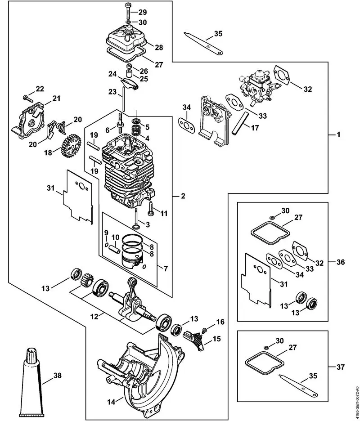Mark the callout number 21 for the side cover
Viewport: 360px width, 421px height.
click(56, 99)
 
